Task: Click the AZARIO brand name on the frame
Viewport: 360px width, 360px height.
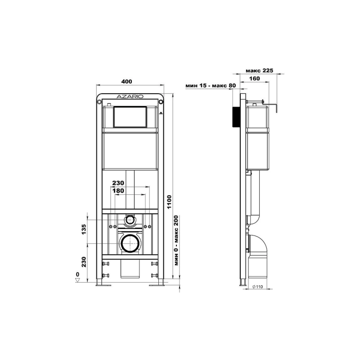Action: point(130,96)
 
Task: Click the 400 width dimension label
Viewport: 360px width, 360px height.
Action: point(127,81)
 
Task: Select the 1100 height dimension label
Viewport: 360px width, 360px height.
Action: point(169,202)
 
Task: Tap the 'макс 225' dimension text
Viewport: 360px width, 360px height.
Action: point(260,71)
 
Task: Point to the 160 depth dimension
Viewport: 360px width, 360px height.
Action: point(254,78)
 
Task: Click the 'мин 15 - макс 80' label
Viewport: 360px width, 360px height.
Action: point(211,85)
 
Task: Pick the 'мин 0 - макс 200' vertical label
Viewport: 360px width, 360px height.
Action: point(176,240)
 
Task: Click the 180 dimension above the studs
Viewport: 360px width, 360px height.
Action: point(118,190)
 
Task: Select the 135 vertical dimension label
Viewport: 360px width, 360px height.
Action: point(84,229)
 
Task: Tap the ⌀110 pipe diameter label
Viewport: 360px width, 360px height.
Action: point(257,287)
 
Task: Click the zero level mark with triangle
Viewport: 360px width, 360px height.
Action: point(77,277)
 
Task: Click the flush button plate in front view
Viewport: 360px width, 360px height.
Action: point(130,117)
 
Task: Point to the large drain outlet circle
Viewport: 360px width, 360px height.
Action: point(130,243)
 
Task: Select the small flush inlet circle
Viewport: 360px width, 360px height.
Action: point(130,220)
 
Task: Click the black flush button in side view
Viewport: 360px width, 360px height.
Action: point(236,117)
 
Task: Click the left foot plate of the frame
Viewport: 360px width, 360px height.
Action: point(103,285)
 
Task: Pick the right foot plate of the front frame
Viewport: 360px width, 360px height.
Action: point(157,285)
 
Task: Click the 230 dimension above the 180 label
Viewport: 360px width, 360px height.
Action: point(118,183)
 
